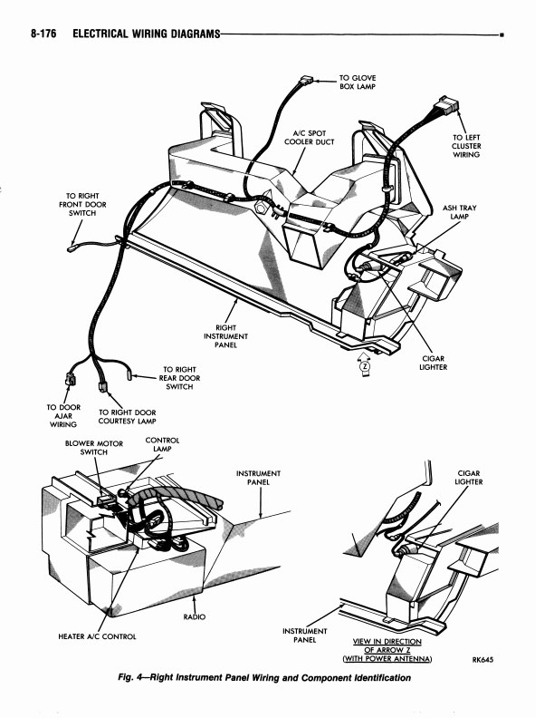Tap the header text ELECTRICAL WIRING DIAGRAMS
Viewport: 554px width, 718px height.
coord(146,34)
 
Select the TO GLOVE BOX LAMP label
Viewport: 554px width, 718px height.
coord(358,83)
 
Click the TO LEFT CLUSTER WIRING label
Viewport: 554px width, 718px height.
coord(466,146)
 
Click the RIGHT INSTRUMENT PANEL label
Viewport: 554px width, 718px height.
coord(225,336)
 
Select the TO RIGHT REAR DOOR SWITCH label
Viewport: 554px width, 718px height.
coord(180,378)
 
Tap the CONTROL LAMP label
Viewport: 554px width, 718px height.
coord(162,444)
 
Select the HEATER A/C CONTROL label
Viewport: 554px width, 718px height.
coord(97,636)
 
